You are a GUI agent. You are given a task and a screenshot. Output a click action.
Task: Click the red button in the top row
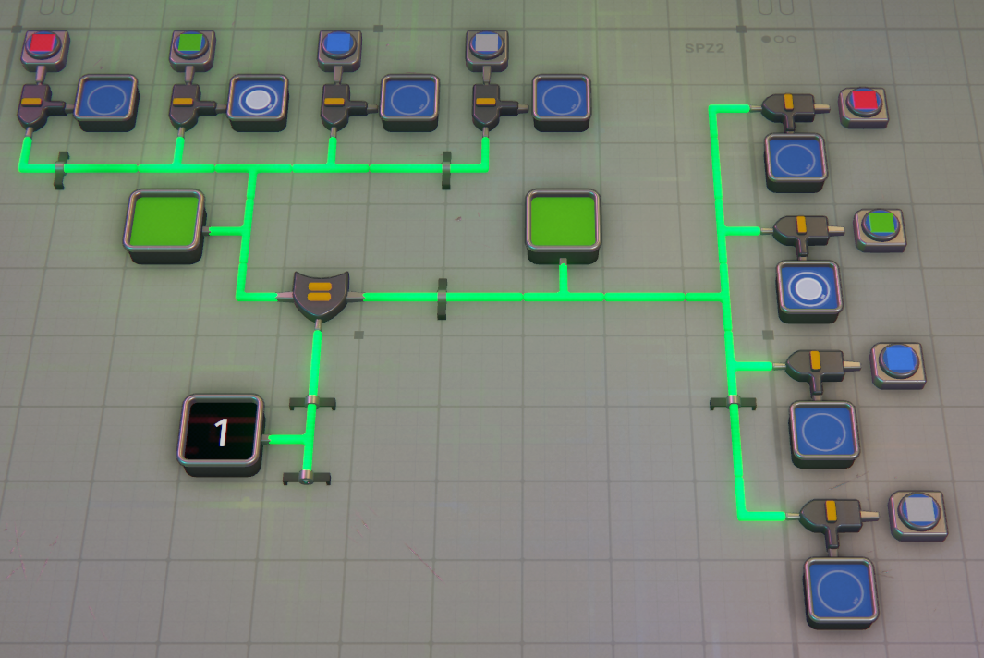[x=43, y=43]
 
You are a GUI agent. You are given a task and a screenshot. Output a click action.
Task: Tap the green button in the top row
[x=191, y=43]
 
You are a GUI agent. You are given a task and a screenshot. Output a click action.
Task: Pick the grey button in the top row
[x=486, y=43]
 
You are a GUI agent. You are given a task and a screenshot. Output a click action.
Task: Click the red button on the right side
[x=864, y=102]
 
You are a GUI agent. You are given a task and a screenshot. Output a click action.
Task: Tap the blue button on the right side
[x=898, y=359]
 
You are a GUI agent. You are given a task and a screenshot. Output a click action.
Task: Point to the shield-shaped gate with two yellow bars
[x=319, y=293]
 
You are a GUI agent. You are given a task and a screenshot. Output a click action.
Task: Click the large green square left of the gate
[x=164, y=222]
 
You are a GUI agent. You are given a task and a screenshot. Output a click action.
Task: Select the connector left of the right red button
[x=792, y=108]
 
